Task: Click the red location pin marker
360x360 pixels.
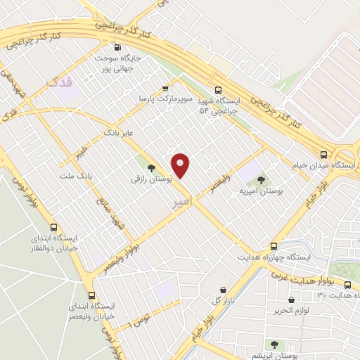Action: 181,166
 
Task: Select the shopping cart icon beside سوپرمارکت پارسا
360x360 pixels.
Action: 165,89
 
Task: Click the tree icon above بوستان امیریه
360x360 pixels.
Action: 264,179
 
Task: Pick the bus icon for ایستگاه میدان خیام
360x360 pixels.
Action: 324,154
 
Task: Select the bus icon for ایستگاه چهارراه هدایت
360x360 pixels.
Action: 275,246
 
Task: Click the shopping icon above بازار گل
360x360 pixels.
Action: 224,289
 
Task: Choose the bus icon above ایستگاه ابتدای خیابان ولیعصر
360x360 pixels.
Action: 91,295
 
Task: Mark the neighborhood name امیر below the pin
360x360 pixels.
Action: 180,202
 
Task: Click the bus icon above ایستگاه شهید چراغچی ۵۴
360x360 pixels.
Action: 218,90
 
